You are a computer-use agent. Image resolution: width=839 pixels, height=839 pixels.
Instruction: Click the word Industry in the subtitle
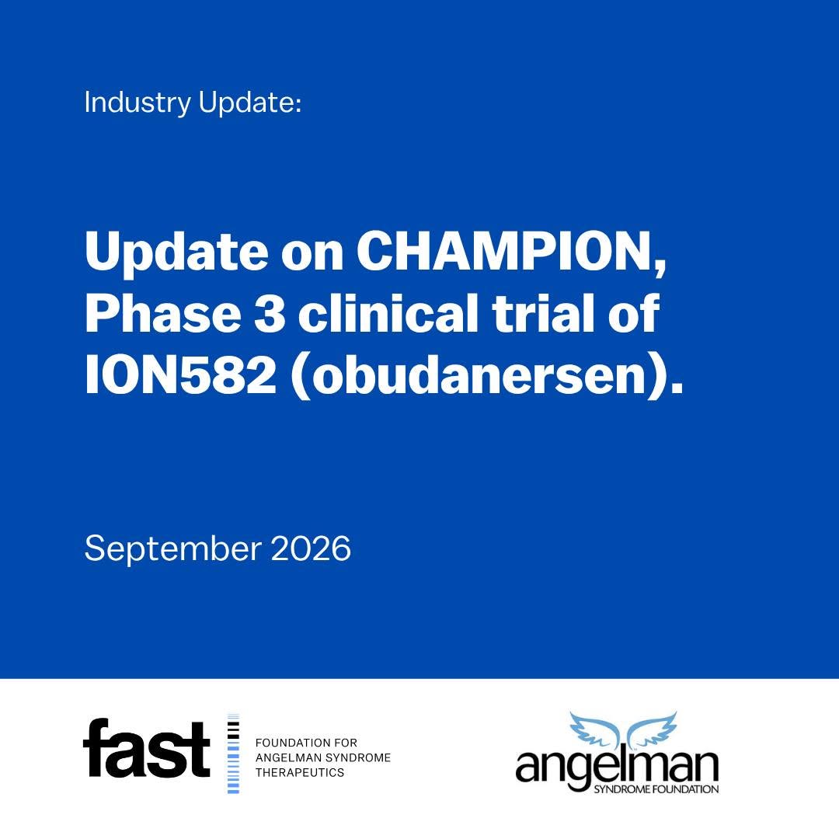pyautogui.click(x=138, y=103)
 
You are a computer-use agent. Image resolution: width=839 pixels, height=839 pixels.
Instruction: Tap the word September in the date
pyautogui.click(x=172, y=549)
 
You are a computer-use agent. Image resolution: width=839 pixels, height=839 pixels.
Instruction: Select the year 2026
pyautogui.click(x=311, y=548)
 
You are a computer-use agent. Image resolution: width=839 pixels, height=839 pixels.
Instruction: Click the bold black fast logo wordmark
pyautogui.click(x=146, y=748)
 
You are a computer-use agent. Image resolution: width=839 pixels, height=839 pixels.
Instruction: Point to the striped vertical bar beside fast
pyautogui.click(x=233, y=754)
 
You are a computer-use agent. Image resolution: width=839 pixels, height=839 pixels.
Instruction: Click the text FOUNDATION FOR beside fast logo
pyautogui.click(x=306, y=743)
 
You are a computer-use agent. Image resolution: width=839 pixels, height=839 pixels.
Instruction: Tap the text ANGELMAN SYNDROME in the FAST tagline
pyautogui.click(x=323, y=757)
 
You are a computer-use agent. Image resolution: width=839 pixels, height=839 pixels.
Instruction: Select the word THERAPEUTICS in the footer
pyautogui.click(x=300, y=773)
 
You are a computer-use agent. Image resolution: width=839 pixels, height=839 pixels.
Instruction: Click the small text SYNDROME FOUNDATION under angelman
pyautogui.click(x=656, y=789)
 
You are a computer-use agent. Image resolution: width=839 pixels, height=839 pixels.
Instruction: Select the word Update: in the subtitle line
pyautogui.click(x=250, y=103)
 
